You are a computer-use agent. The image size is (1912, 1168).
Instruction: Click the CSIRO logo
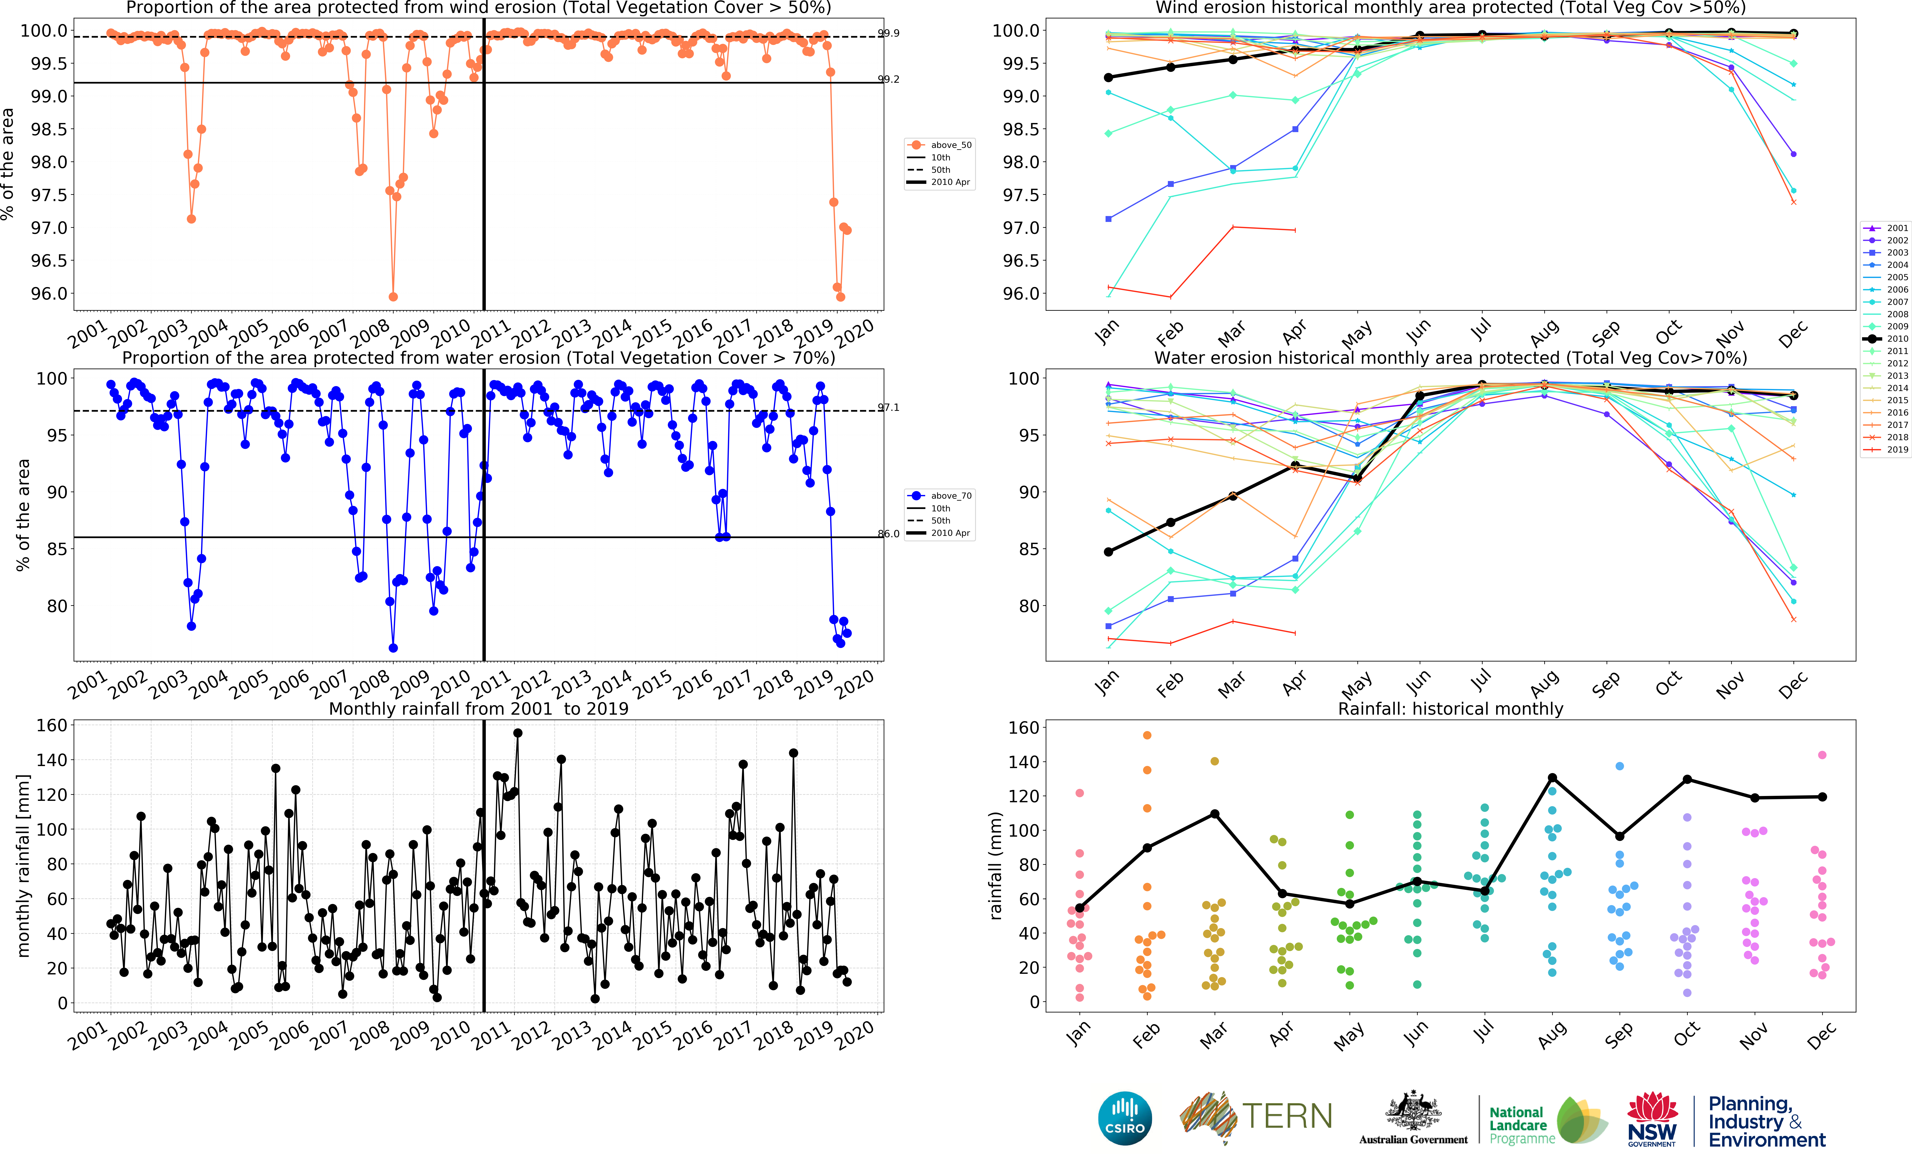coord(1124,1118)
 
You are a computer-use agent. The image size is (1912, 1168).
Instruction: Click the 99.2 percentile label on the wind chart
coord(889,79)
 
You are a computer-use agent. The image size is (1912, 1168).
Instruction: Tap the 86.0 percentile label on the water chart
coord(889,534)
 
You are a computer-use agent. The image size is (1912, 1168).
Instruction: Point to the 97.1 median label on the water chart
coord(889,407)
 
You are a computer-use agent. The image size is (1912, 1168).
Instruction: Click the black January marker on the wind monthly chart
coord(1108,78)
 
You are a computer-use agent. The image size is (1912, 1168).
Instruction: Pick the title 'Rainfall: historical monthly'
coord(1450,709)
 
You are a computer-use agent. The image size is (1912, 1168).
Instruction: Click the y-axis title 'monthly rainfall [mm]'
coord(23,865)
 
